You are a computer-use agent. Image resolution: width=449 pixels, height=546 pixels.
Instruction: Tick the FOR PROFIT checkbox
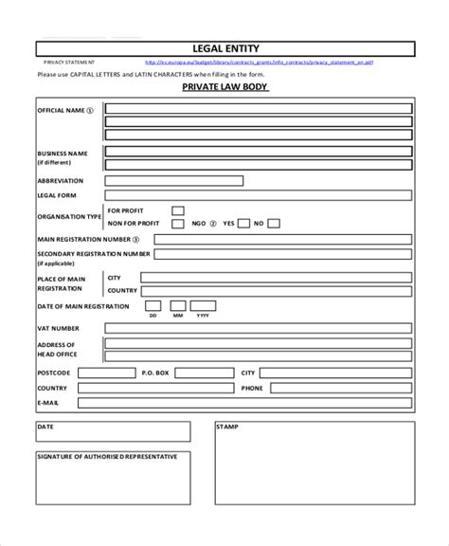point(177,210)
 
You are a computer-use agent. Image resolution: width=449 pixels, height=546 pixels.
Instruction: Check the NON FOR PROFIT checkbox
point(177,224)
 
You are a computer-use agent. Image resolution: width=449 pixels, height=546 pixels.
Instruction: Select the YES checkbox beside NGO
point(243,224)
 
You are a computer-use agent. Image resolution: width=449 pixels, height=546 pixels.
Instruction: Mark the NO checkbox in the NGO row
point(273,224)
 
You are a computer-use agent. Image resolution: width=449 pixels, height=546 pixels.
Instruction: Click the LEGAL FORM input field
point(258,195)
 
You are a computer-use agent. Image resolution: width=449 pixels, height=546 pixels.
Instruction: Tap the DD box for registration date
point(153,307)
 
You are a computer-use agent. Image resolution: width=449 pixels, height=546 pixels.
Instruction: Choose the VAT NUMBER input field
point(258,328)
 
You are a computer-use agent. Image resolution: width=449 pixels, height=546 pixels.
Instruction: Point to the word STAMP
point(227,428)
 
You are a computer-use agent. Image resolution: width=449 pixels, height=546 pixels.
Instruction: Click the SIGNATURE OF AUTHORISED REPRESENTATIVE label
point(107,457)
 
